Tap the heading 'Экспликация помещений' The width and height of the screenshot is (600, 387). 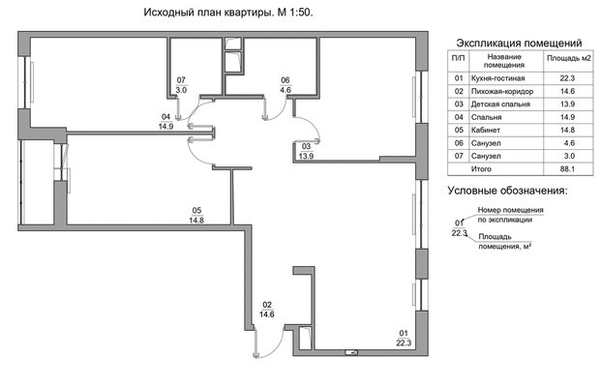pyautogui.click(x=517, y=44)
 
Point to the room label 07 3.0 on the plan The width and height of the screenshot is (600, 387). pyautogui.click(x=181, y=85)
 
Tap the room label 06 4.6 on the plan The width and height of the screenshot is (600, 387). pyautogui.click(x=285, y=85)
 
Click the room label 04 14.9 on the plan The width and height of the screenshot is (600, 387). pyautogui.click(x=166, y=121)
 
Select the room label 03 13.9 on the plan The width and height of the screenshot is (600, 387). pyautogui.click(x=306, y=152)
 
